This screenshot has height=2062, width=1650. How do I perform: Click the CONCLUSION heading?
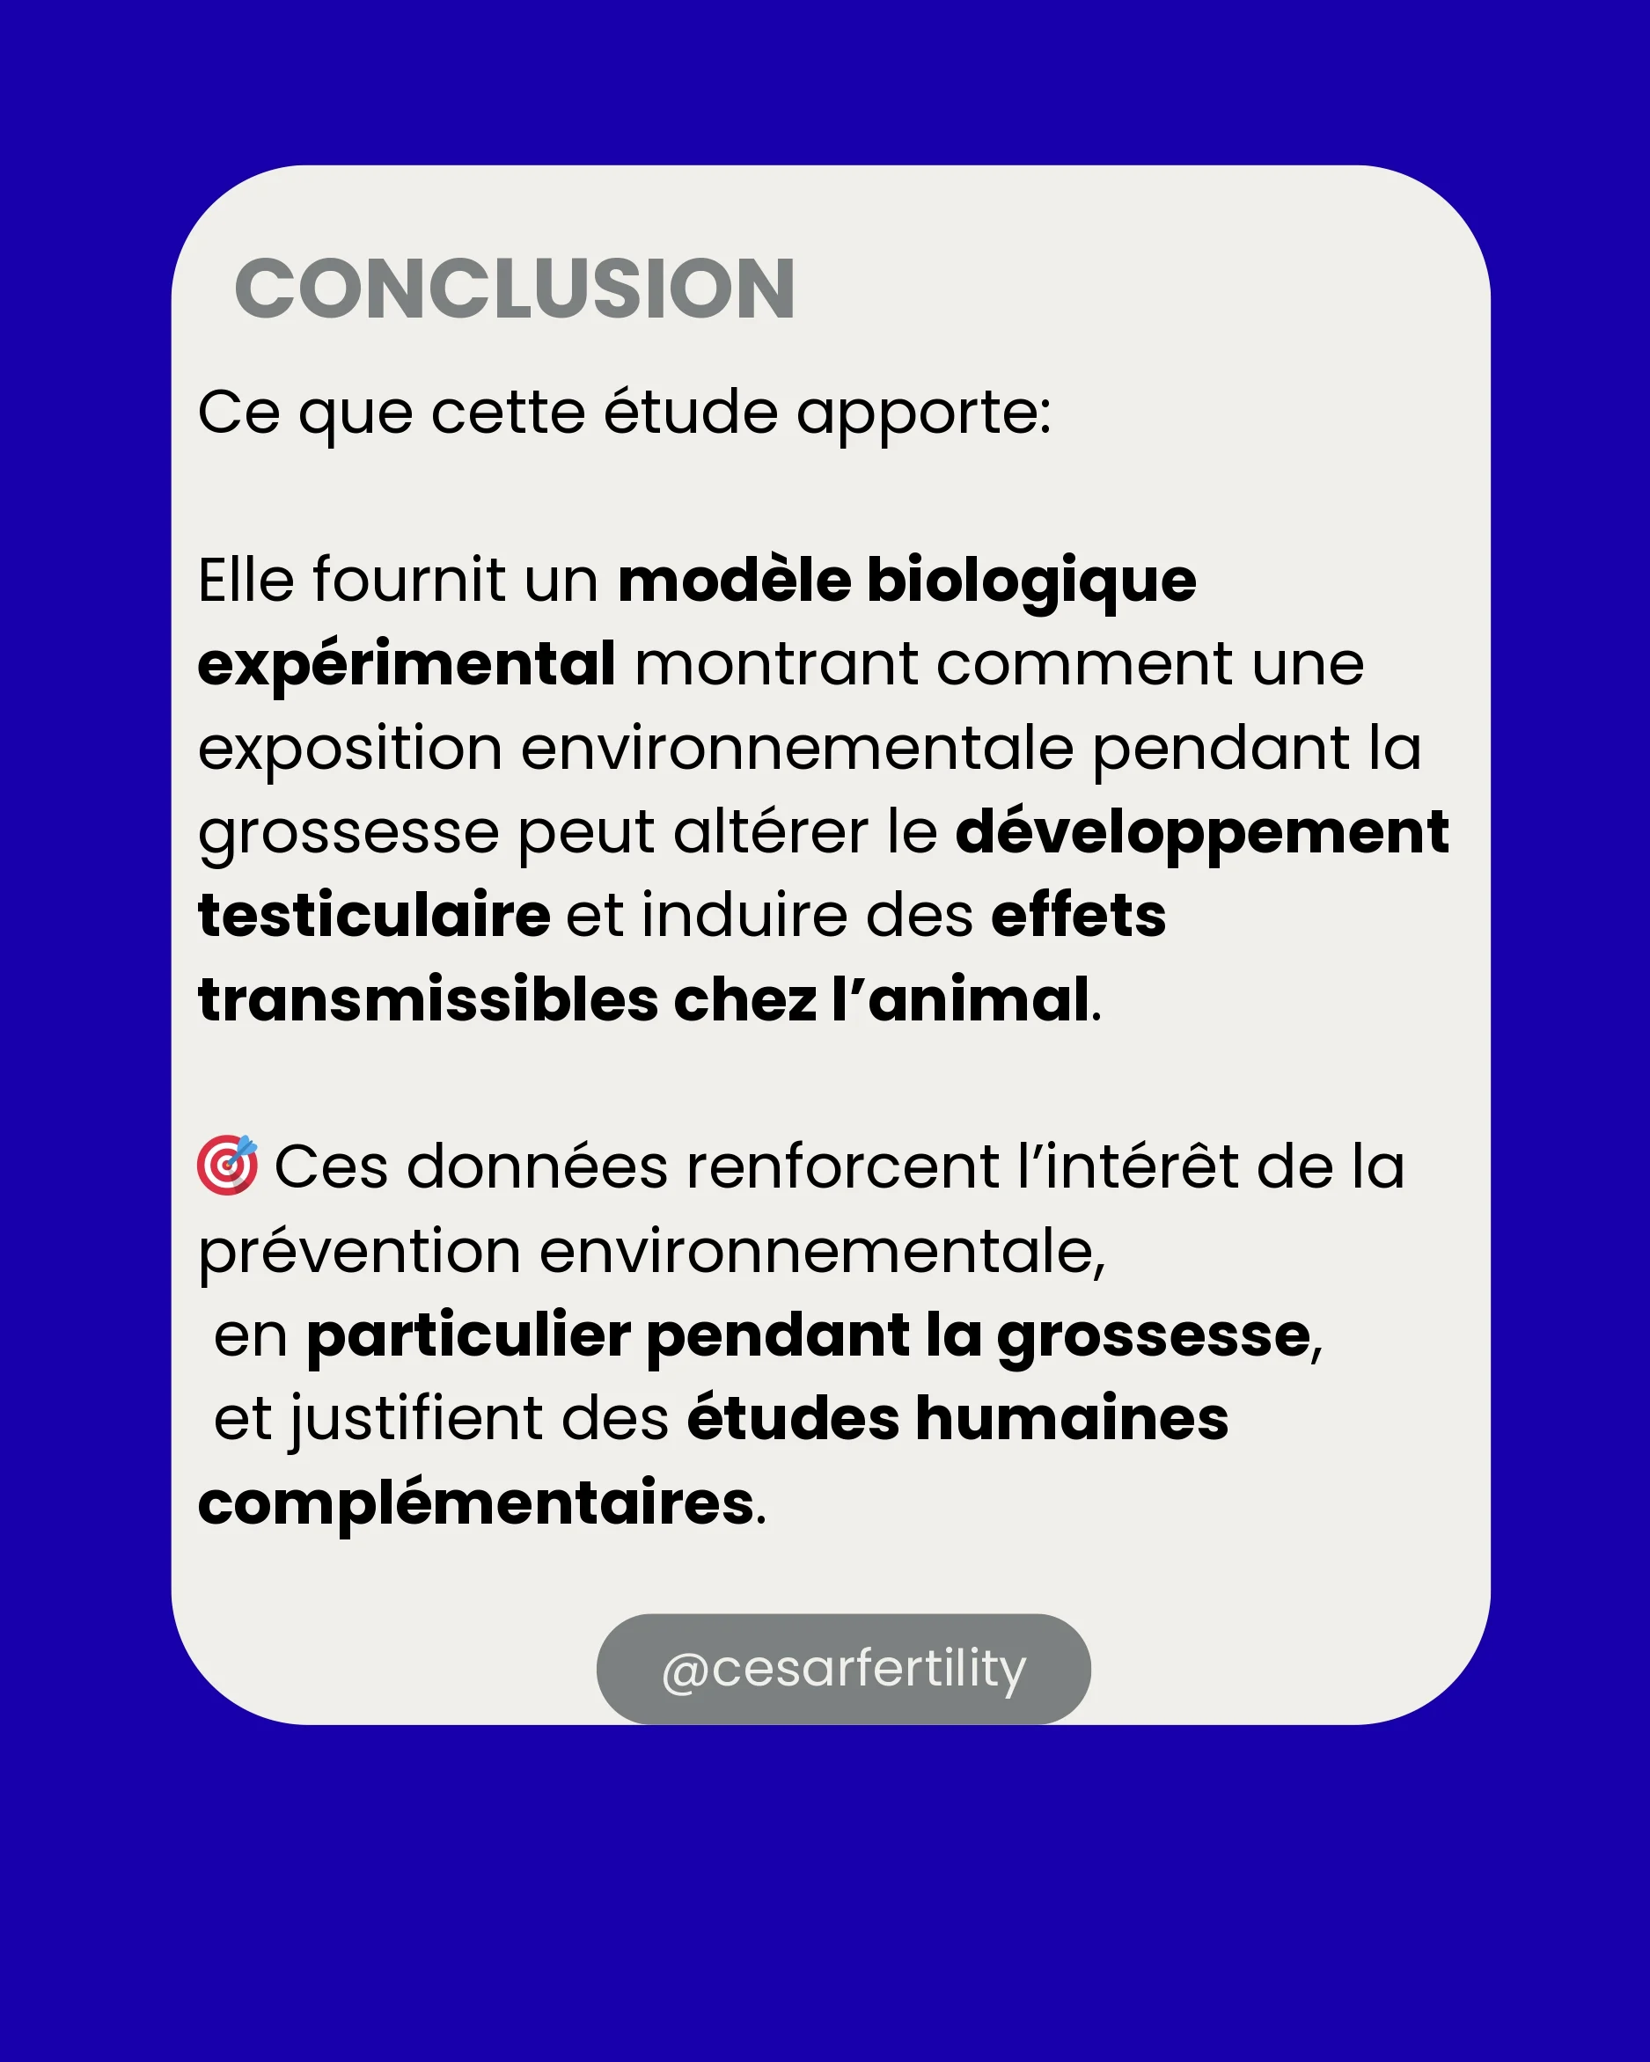click(515, 289)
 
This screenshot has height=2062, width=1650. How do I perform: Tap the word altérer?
click(771, 832)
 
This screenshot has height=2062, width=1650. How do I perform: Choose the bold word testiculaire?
click(374, 915)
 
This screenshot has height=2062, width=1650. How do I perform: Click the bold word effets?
click(1078, 915)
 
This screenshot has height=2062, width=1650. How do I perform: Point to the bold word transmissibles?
click(428, 1000)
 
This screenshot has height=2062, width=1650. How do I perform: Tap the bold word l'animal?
click(960, 1000)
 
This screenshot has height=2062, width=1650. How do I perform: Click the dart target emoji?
click(228, 1165)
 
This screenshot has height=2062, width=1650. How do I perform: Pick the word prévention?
click(360, 1253)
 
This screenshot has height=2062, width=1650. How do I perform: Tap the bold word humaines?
click(1071, 1418)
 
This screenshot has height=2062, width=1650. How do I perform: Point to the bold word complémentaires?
click(476, 1503)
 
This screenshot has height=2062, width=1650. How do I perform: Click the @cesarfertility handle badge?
click(843, 1670)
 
